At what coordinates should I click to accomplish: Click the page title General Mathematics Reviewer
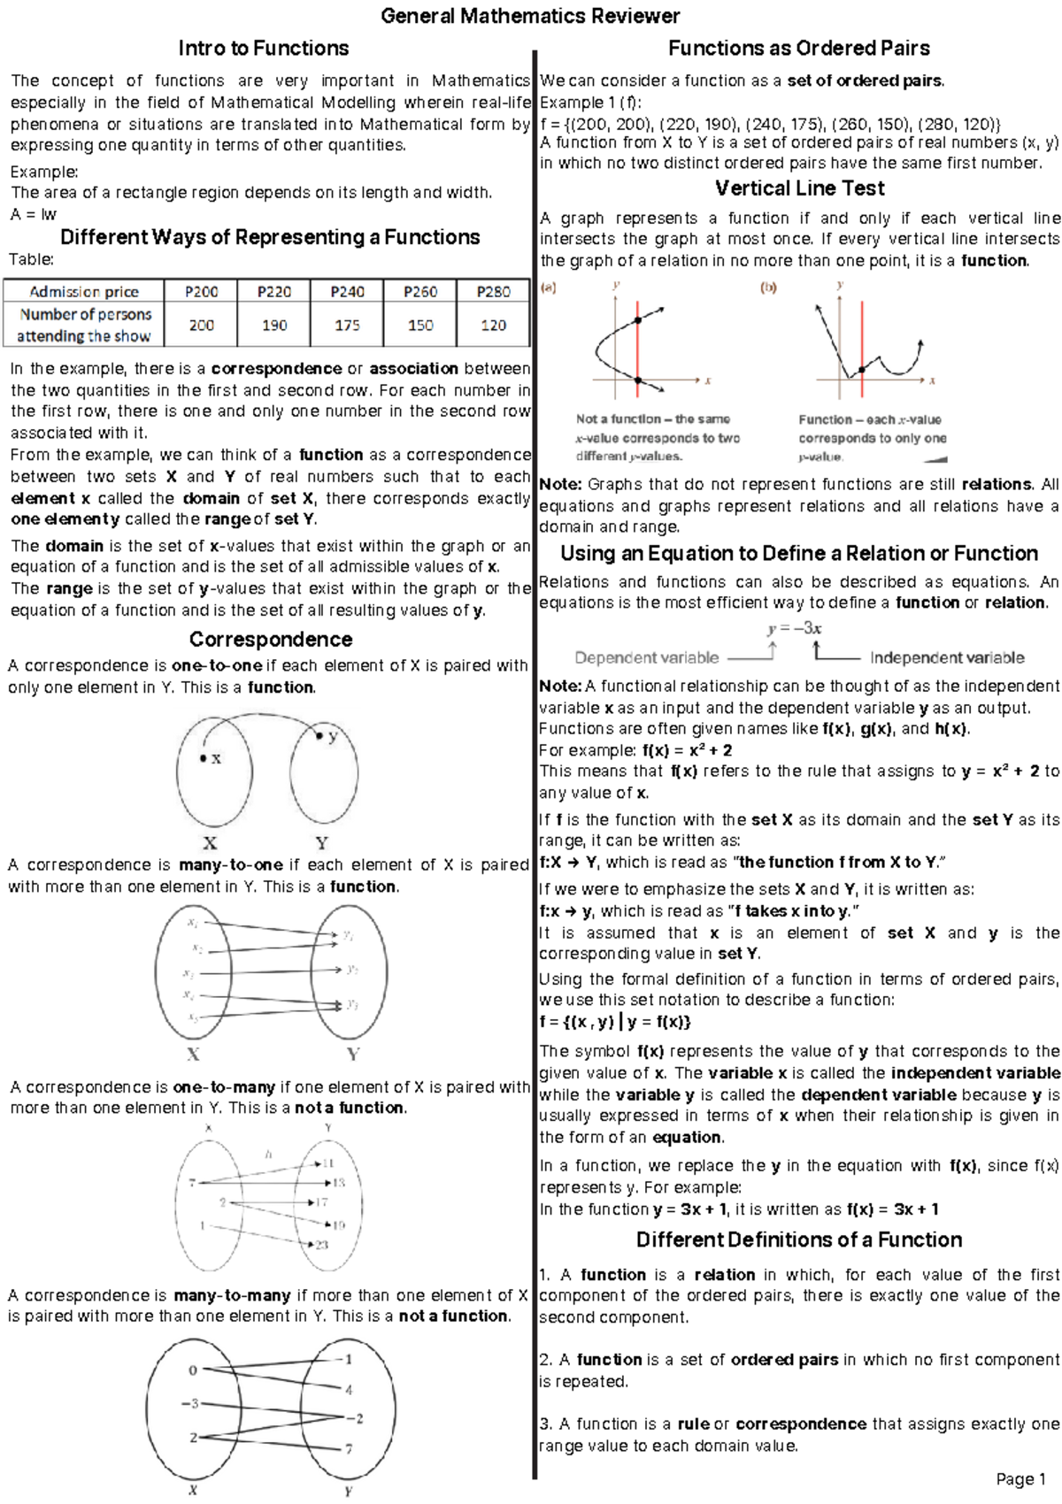pos(530,16)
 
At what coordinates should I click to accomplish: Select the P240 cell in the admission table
pos(347,291)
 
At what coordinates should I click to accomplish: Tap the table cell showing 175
pos(347,325)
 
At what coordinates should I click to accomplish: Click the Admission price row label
pos(84,291)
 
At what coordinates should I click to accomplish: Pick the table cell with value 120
pos(493,325)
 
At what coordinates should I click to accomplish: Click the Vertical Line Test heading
pos(799,188)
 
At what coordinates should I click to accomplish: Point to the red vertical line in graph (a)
pos(637,345)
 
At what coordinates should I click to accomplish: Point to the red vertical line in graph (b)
pos(861,345)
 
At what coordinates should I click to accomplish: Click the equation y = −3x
pos(794,628)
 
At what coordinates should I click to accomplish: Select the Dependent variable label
pos(646,657)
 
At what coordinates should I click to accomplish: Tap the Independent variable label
pos(946,657)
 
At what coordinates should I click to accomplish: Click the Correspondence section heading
pos(270,639)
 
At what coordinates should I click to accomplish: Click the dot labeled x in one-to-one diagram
pos(204,758)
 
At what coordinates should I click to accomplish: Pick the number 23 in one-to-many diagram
pos(321,1245)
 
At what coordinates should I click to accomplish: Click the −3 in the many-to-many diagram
pos(189,1403)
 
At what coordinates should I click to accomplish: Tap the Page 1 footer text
pos(1020,1478)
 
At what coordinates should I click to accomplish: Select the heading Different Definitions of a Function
pos(798,1239)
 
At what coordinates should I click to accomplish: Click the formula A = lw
pos(33,214)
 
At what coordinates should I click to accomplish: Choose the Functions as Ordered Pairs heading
pos(798,48)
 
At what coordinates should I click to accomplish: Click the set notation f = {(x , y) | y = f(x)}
pos(615,1022)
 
